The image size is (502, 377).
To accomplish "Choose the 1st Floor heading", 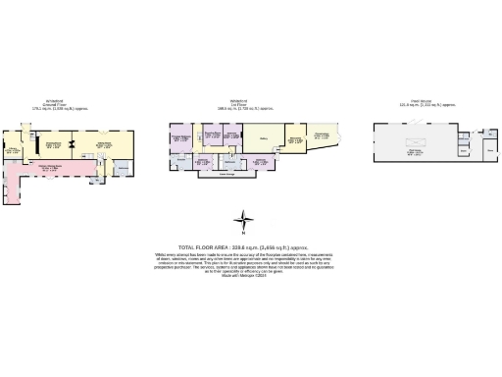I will pos(237,104).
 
